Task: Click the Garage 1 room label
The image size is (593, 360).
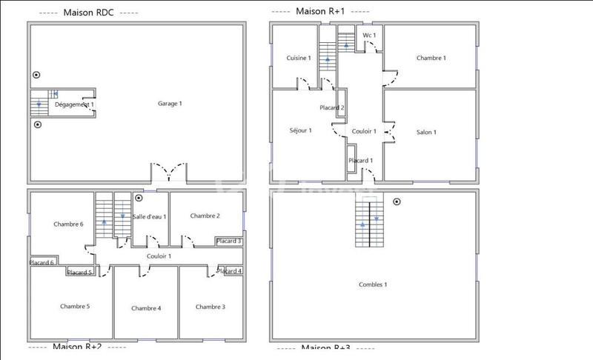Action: pyautogui.click(x=170, y=104)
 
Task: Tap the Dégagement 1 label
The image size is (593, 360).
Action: pyautogui.click(x=74, y=105)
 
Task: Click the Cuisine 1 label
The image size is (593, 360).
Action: pyautogui.click(x=299, y=58)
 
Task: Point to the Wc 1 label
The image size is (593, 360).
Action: pyautogui.click(x=369, y=36)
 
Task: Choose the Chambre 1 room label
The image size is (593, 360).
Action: pyautogui.click(x=431, y=58)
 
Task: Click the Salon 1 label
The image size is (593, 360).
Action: pyautogui.click(x=426, y=133)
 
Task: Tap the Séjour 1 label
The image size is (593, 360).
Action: pyautogui.click(x=300, y=130)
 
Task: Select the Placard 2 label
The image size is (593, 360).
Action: pyautogui.click(x=331, y=108)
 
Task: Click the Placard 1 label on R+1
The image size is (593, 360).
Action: pyautogui.click(x=360, y=161)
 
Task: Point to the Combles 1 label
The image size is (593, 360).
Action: pyautogui.click(x=373, y=284)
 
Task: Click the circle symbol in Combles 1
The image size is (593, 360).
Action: pyautogui.click(x=397, y=201)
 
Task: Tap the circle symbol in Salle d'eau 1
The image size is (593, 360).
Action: pyautogui.click(x=139, y=199)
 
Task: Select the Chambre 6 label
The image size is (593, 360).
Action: pyautogui.click(x=68, y=224)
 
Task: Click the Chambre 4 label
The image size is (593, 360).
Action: pyautogui.click(x=146, y=308)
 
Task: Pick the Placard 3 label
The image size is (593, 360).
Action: pyautogui.click(x=229, y=241)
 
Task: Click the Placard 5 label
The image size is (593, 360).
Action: pyautogui.click(x=80, y=273)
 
